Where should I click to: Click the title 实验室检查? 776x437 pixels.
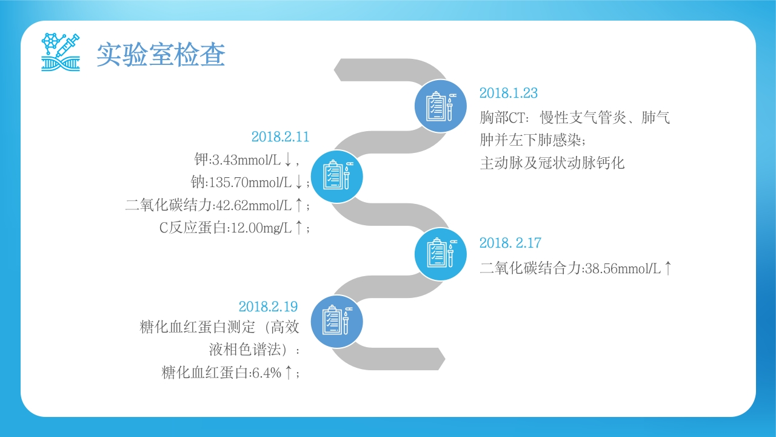pos(161,55)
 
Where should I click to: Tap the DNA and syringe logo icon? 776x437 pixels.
pos(61,52)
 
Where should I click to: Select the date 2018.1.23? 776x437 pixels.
pos(509,93)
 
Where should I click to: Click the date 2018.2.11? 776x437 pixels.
pos(280,137)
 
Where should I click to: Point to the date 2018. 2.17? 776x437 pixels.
pos(510,243)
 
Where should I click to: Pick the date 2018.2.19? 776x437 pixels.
pos(268,307)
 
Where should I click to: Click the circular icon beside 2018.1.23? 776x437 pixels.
pos(441,106)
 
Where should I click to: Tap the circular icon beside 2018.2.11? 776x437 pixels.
pos(336,177)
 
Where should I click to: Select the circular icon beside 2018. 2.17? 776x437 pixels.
pos(441,254)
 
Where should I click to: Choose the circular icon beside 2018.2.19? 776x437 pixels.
pos(336,322)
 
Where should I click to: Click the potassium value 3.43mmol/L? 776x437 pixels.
pos(246,160)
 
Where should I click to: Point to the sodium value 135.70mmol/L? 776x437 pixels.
pos(250,183)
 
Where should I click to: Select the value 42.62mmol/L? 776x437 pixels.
pos(253,205)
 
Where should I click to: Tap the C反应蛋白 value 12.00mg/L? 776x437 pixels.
pos(261,228)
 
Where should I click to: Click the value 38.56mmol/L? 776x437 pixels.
pos(623,268)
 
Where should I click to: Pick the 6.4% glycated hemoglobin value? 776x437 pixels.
pos(267,373)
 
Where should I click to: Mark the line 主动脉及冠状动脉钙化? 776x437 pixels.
pos(552,163)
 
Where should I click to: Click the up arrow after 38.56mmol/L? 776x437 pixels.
pos(668,268)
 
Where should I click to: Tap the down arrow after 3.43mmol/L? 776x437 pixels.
pos(287,160)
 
